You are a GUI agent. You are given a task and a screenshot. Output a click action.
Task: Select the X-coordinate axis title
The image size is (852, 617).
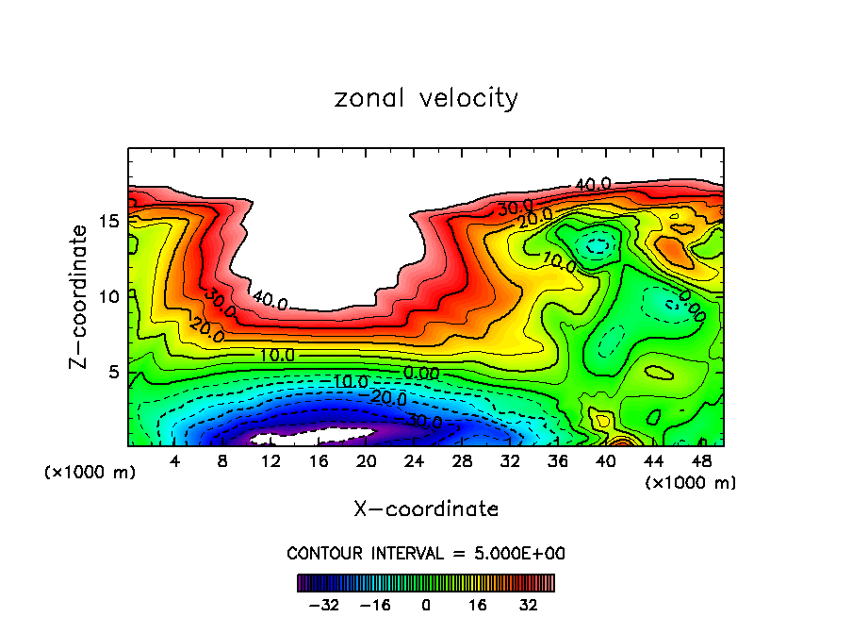pos(426,509)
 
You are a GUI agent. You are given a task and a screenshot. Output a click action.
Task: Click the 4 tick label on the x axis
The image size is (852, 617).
pos(175,461)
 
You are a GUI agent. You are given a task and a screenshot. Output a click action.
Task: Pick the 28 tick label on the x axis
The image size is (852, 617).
pos(462,461)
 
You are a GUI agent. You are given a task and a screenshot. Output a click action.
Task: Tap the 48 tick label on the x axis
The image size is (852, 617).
pos(700,461)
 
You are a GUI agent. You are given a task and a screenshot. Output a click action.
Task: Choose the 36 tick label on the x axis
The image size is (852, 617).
pos(558,461)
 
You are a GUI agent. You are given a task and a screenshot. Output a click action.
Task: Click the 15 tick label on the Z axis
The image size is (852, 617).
pos(109,221)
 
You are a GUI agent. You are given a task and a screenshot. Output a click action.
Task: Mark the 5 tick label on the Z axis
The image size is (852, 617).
pos(115,372)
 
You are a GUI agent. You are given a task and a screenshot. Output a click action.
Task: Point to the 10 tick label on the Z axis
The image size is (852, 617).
pos(109,296)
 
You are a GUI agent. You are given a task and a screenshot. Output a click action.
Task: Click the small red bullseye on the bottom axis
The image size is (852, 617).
pos(621,441)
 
